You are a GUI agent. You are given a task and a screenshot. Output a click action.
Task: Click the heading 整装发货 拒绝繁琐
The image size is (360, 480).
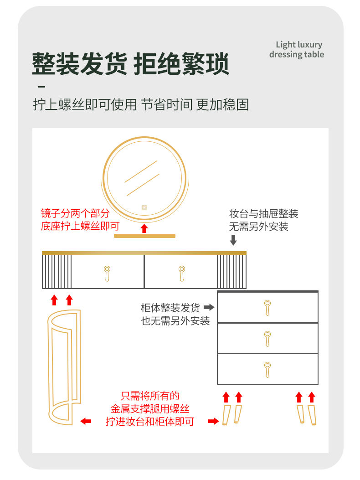[x=130, y=64]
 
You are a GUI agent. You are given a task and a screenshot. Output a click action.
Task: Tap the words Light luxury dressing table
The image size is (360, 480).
[x=297, y=50]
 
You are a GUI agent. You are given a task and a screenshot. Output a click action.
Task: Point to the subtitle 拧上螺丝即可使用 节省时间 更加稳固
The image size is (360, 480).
[x=141, y=104]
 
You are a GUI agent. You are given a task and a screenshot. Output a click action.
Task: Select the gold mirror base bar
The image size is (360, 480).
[x=144, y=236]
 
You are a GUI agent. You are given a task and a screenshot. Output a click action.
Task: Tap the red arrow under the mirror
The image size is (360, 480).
[x=144, y=228]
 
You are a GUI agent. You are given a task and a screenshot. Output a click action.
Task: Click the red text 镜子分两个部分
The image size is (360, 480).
[x=75, y=214]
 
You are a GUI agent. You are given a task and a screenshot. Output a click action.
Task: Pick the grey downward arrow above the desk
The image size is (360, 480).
[x=233, y=240]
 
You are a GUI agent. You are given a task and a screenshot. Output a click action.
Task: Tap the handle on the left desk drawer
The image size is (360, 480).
[x=107, y=273]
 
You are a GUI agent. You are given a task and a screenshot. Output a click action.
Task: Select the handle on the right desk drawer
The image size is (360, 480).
[x=181, y=273]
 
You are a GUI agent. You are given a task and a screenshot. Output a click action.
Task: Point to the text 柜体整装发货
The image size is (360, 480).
[x=170, y=308]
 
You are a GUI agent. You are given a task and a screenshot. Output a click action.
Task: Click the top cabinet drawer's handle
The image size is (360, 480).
[x=267, y=307]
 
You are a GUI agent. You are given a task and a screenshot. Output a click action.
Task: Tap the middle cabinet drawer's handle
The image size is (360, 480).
[x=267, y=338]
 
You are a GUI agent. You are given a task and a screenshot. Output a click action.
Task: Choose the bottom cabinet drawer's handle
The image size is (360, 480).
[x=267, y=369]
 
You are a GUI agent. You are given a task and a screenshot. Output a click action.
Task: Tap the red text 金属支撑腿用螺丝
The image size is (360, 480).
[x=150, y=409]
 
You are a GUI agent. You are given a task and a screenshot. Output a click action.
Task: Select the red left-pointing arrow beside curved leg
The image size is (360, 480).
[x=86, y=421]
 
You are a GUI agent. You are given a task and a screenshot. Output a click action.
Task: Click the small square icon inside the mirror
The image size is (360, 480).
[x=144, y=207]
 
